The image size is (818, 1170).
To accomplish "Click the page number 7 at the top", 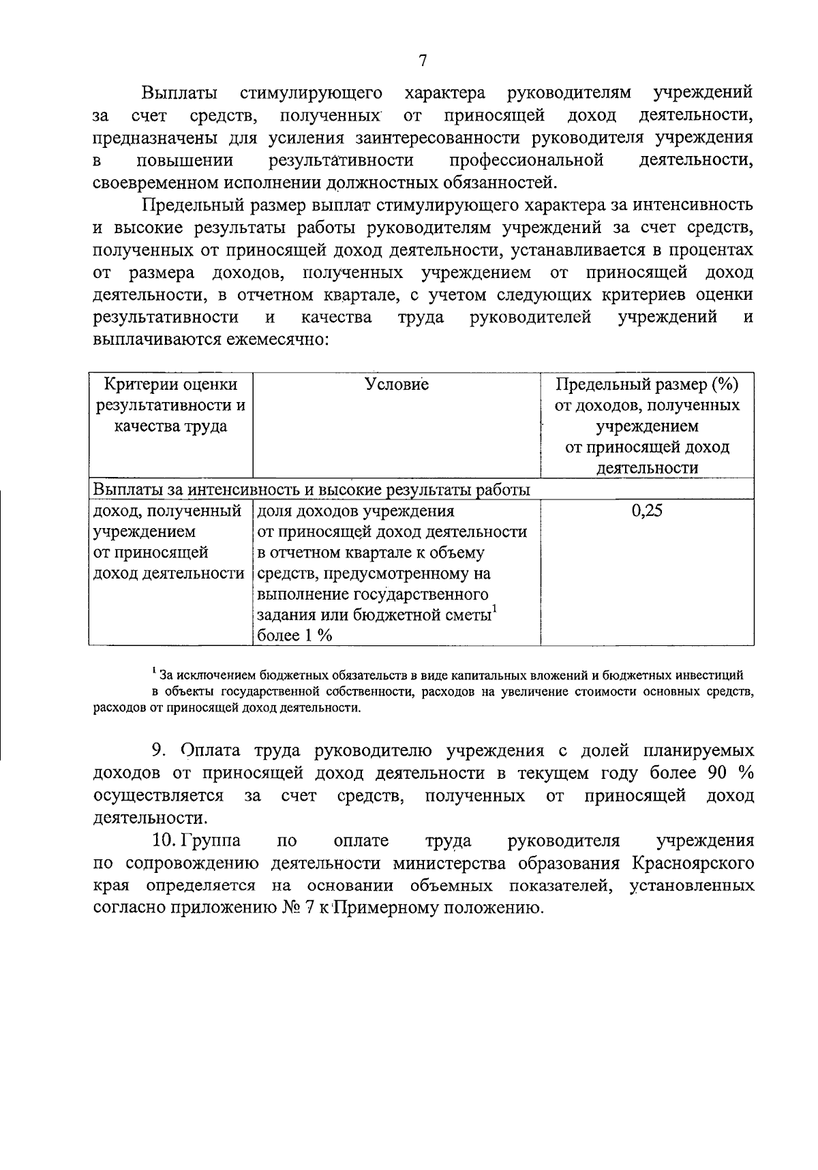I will pyautogui.click(x=422, y=61).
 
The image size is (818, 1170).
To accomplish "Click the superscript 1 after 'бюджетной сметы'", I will pyautogui.click(x=496, y=609).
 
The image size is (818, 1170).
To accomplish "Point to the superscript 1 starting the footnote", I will pyautogui.click(x=155, y=671).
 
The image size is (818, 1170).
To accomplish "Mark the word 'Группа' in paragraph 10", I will pyautogui.click(x=216, y=841).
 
